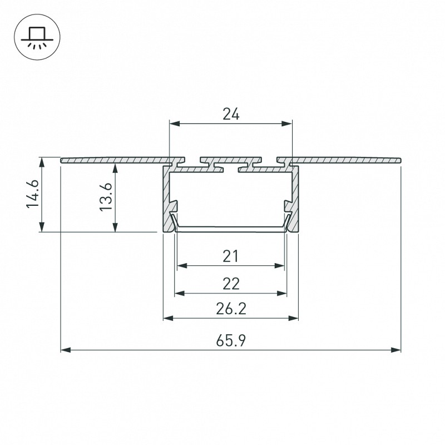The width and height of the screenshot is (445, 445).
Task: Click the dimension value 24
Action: point(231,114)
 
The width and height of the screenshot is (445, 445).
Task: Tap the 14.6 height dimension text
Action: point(33,194)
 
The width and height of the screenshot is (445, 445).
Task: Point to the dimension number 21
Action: point(230,256)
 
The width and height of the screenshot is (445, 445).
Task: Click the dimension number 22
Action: point(231,284)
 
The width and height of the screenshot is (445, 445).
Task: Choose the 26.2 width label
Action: point(231,309)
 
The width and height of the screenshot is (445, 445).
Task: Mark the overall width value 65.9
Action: point(231,340)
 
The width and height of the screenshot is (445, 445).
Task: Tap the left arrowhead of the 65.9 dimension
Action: point(66,350)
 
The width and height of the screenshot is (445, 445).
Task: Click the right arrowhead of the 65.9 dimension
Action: point(396,350)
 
